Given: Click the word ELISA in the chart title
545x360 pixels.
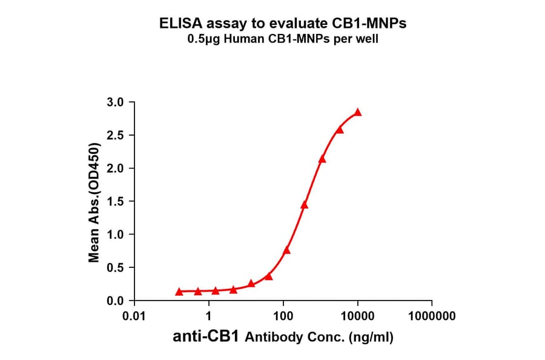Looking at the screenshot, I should click(x=179, y=24).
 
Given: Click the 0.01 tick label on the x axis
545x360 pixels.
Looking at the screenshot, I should click(x=134, y=316).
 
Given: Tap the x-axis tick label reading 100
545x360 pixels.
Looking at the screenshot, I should click(x=283, y=316).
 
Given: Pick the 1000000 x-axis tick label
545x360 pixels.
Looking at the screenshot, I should click(x=431, y=316).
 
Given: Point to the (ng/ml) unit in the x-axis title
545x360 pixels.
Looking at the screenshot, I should click(x=371, y=338).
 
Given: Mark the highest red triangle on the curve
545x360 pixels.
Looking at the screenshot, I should click(x=358, y=112).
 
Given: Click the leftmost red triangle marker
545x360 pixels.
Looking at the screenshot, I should click(x=179, y=292).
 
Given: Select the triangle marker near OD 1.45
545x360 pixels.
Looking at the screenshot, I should click(x=304, y=205).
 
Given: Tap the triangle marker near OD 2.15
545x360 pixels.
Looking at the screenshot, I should click(x=322, y=159).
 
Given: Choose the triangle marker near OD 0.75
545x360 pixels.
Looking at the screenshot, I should click(x=286, y=250).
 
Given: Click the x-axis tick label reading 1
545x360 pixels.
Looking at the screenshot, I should click(x=209, y=316).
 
